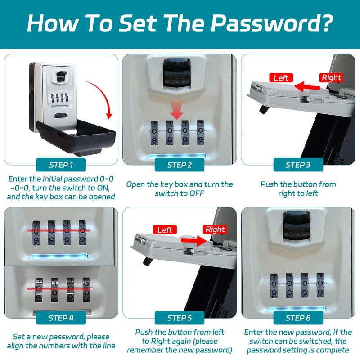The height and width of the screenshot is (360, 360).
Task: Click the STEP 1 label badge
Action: pyautogui.click(x=61, y=165)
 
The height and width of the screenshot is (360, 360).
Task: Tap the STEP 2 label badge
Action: pyautogui.click(x=180, y=165)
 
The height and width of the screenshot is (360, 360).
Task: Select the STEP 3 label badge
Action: pyautogui.click(x=298, y=165)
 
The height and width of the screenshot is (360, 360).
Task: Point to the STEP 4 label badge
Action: pyautogui.click(x=61, y=318)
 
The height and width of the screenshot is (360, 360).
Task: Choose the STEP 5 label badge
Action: pyautogui.click(x=180, y=318)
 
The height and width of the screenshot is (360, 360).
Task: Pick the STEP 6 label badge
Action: pyautogui.click(x=298, y=318)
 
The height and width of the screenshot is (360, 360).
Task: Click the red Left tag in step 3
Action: pyautogui.click(x=281, y=78)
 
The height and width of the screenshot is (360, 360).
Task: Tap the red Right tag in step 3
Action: pyautogui.click(x=331, y=77)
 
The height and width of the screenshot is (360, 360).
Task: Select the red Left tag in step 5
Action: pyautogui.click(x=165, y=229)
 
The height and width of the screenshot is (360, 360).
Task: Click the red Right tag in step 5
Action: pyautogui.click(x=215, y=229)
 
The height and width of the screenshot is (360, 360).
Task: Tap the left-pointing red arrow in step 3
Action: pyautogui.click(x=307, y=87)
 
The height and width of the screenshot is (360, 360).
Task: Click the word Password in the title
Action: pyautogui.click(x=272, y=24)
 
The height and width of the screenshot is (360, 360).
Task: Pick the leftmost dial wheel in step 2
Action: pyautogui.click(x=154, y=133)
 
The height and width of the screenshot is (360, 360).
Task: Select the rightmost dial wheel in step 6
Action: pyautogui.click(x=320, y=285)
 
